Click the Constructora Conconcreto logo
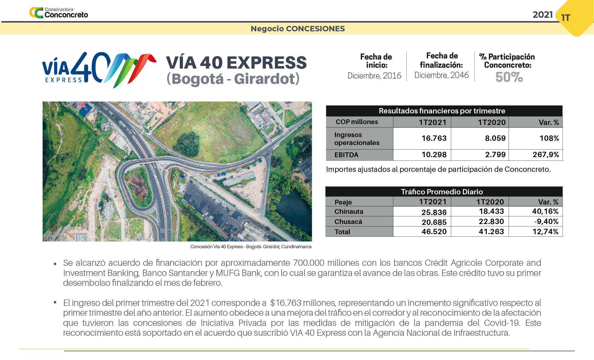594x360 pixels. (59, 13)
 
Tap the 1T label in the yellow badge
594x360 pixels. (565, 18)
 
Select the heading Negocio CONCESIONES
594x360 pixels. (297, 29)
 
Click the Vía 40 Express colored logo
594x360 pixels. (99, 69)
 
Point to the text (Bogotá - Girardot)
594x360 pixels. (233, 79)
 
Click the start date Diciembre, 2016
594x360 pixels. (374, 76)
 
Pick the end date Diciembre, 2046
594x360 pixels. (441, 75)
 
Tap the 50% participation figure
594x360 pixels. (509, 77)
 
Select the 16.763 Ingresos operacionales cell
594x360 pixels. (434, 138)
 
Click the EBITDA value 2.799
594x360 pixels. (495, 155)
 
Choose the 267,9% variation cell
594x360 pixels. (545, 155)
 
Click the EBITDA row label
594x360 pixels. (346, 155)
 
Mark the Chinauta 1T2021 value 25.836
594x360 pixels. (434, 212)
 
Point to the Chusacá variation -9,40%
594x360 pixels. (546, 221)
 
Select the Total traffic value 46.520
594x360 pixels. (434, 232)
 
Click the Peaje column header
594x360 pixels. (343, 202)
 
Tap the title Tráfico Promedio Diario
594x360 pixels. (442, 192)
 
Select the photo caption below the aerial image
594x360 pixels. (251, 247)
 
